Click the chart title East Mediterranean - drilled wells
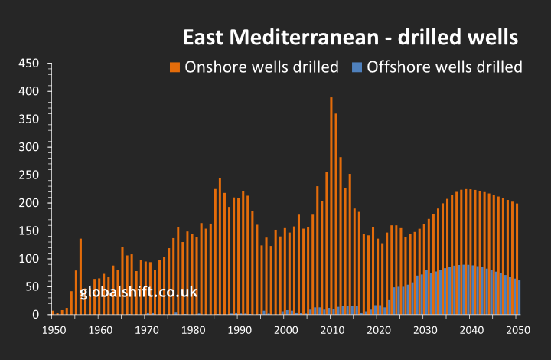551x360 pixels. click(350, 37)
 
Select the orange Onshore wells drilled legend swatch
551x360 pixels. click(174, 67)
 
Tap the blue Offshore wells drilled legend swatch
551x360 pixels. click(356, 67)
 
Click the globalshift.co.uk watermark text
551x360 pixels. click(139, 292)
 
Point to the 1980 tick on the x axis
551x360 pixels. click(192, 329)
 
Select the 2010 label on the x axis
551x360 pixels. click(331, 329)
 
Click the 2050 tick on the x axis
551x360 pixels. click(517, 329)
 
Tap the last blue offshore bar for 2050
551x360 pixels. click(520, 297)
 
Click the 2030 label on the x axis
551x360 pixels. click(424, 329)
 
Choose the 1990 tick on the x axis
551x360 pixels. click(239, 329)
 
